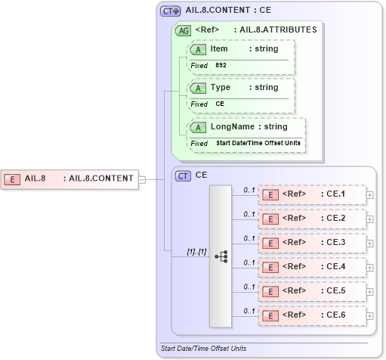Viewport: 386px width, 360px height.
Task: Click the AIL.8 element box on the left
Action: (70, 179)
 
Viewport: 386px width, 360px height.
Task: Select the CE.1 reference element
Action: (312, 194)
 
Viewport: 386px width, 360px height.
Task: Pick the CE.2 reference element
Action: (312, 219)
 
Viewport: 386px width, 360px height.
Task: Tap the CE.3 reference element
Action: (312, 243)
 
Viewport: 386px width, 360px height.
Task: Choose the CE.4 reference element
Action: (312, 267)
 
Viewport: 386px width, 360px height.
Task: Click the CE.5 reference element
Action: (312, 291)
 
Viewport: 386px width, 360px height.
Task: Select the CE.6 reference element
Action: (312, 315)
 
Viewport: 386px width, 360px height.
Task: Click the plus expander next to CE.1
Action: (369, 195)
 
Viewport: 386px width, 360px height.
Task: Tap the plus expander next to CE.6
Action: (369, 315)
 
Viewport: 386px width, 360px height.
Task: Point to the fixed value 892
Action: (221, 66)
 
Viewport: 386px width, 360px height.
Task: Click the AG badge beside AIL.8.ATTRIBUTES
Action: (183, 31)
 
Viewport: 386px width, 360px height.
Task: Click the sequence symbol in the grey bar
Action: (221, 256)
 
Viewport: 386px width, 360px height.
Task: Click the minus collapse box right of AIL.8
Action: (142, 179)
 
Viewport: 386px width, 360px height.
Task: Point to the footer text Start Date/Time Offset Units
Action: (203, 349)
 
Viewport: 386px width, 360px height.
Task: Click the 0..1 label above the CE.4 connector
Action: (249, 262)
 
